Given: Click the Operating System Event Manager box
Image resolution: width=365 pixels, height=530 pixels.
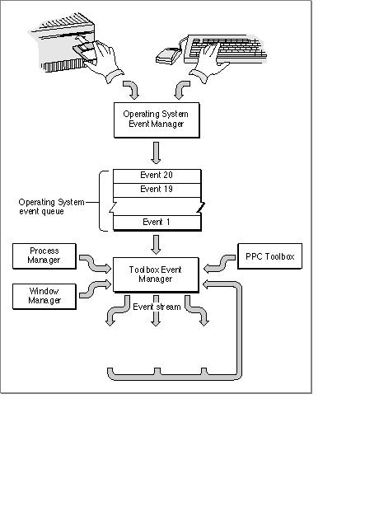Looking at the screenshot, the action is (x=157, y=120).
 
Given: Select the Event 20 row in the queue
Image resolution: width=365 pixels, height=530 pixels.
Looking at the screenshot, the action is (x=157, y=176).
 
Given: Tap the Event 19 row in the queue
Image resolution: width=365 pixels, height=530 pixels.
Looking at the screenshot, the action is (x=157, y=190).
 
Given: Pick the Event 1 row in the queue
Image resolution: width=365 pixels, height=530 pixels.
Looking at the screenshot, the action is (x=157, y=223).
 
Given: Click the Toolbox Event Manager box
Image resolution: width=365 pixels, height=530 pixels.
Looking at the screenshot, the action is (x=156, y=274).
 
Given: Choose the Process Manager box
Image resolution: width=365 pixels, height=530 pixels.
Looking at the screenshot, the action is (x=44, y=256).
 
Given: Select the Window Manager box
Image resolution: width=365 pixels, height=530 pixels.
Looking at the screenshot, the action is (x=44, y=296).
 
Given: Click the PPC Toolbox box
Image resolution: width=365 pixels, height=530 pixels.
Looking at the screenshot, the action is (x=269, y=256).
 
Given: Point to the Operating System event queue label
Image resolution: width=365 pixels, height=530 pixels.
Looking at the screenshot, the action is (x=51, y=207).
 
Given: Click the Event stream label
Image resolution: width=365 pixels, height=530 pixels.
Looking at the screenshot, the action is (x=157, y=307).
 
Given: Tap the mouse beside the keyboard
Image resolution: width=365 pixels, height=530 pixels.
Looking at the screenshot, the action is (x=168, y=56).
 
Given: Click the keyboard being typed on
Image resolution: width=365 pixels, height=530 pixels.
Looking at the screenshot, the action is (x=226, y=49).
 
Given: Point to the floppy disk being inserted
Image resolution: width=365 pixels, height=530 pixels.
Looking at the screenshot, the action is (x=84, y=51).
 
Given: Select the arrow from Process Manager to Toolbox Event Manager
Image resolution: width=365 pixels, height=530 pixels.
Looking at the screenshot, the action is (x=95, y=264).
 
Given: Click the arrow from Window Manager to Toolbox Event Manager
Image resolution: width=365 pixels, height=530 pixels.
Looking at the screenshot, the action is (x=95, y=289).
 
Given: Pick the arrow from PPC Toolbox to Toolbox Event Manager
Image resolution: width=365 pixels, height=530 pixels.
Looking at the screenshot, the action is (x=219, y=264).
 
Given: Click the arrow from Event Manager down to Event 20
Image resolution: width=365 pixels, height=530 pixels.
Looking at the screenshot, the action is (x=156, y=152).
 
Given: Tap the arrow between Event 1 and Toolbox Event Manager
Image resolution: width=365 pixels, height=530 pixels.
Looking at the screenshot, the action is (x=156, y=245).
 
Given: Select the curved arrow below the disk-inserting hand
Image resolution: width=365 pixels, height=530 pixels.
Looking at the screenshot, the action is (x=132, y=88).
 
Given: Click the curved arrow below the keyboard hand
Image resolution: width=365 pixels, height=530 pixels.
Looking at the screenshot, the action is (x=181, y=88).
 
